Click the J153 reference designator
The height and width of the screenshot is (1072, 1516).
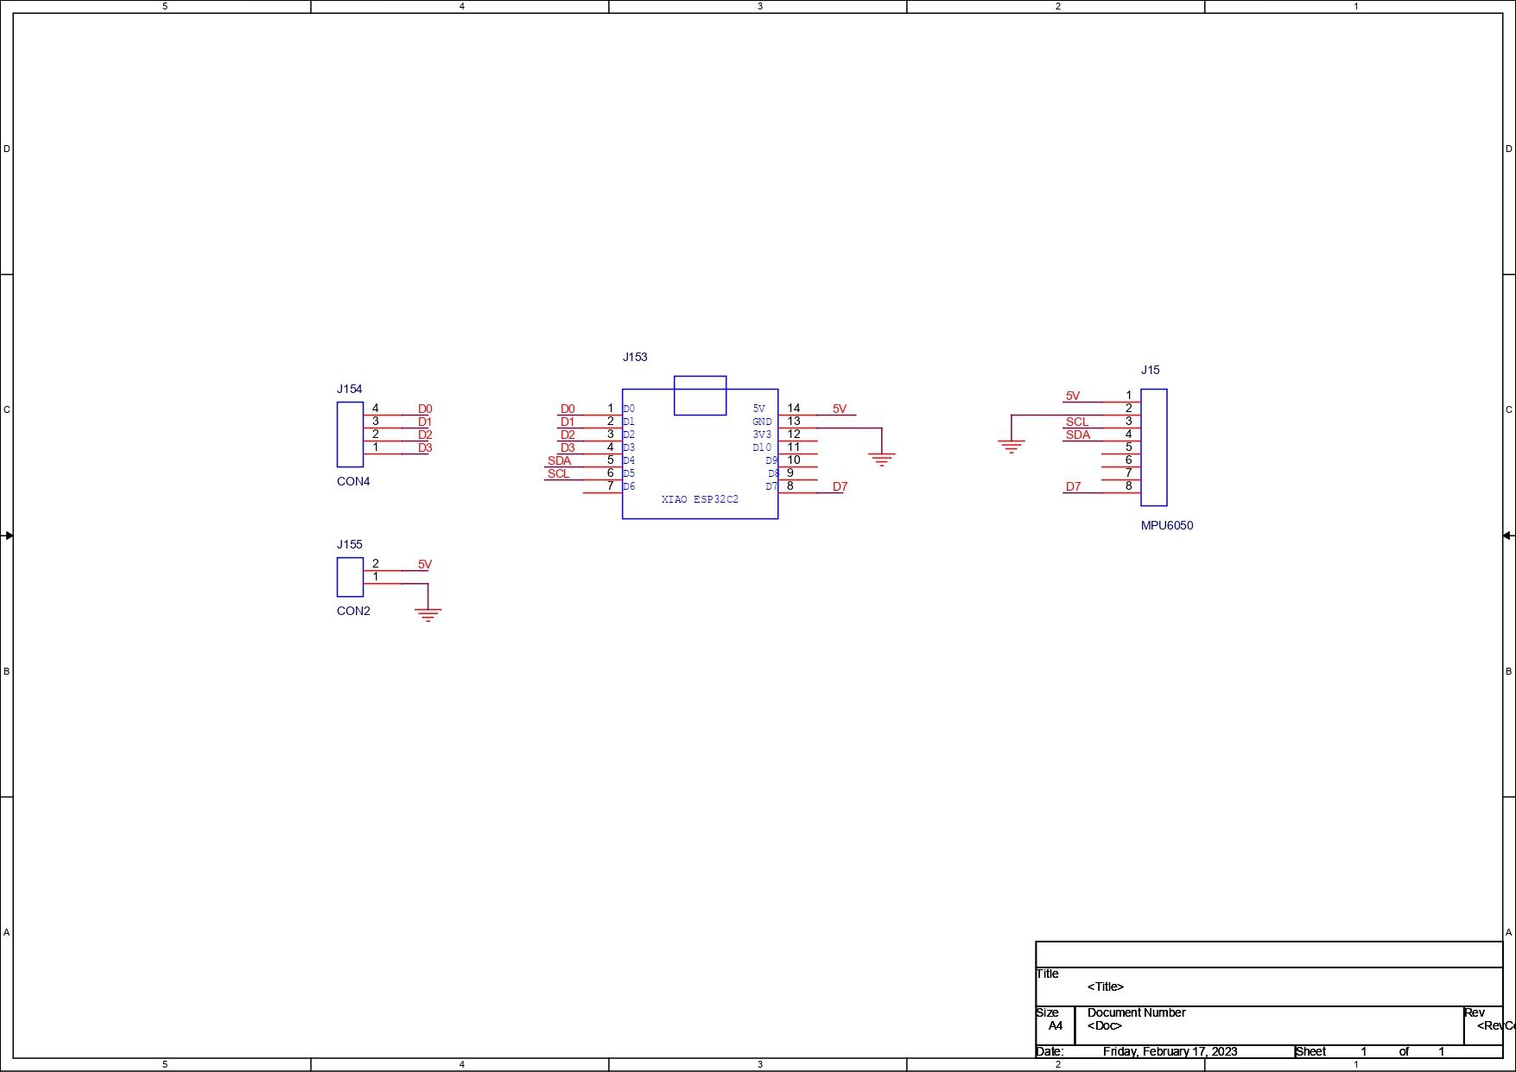pos(635,357)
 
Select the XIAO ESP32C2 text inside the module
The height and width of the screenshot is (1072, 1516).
pos(700,499)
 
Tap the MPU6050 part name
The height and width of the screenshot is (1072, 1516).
pos(1167,525)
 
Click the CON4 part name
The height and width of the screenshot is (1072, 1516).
pos(353,481)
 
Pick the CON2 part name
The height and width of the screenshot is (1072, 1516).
pos(353,611)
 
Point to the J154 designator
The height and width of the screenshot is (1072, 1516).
pos(350,389)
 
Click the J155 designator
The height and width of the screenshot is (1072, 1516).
pos(350,544)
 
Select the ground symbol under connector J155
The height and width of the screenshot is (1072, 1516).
pos(428,615)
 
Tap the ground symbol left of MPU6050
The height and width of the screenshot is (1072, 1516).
pos(1011,447)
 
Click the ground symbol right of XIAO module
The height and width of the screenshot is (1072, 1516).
pos(881,460)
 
